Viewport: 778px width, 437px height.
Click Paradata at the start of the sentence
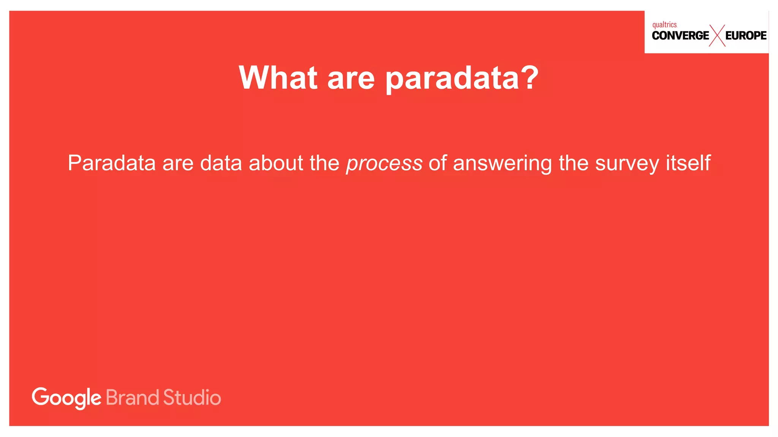pyautogui.click(x=112, y=163)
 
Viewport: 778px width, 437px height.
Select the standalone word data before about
pyautogui.click(x=221, y=163)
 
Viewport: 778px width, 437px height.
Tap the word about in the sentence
pyautogui.click(x=276, y=163)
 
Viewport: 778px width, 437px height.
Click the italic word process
pyautogui.click(x=384, y=164)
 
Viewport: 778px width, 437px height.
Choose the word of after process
pyautogui.click(x=438, y=163)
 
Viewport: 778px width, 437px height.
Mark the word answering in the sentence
pyautogui.click(x=503, y=164)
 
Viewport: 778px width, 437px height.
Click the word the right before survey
pyautogui.click(x=573, y=163)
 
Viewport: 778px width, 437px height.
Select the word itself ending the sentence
pyautogui.click(x=688, y=163)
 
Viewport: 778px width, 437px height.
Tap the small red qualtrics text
pyautogui.click(x=664, y=25)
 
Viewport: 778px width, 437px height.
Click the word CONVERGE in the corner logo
pyautogui.click(x=680, y=36)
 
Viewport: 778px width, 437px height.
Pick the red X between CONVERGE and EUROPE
pyautogui.click(x=717, y=36)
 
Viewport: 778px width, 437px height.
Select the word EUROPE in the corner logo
pyautogui.click(x=746, y=36)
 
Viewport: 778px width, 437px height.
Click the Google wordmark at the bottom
pyautogui.click(x=66, y=398)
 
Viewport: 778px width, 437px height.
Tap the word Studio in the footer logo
pyautogui.click(x=192, y=398)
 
